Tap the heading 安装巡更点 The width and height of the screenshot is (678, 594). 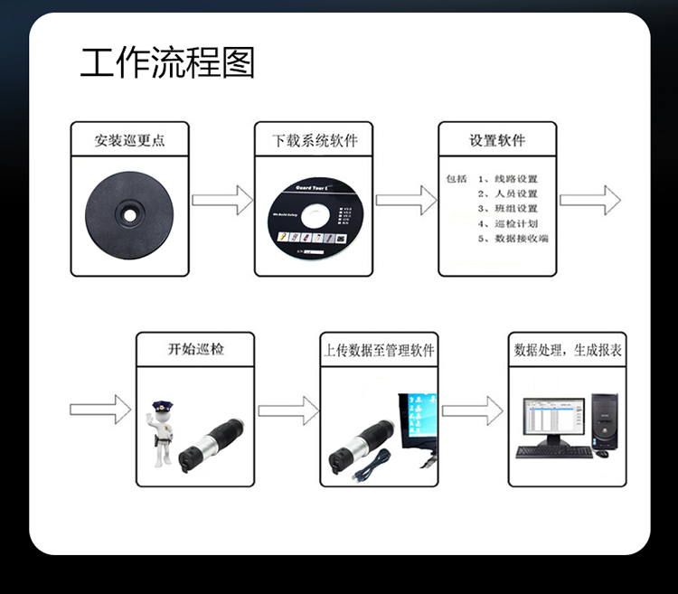[130, 141]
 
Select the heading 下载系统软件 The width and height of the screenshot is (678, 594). [315, 141]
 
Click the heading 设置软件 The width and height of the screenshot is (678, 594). [497, 141]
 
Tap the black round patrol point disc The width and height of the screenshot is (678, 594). [130, 215]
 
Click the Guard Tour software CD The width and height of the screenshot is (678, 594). [315, 218]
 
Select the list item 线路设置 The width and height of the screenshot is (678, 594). [513, 179]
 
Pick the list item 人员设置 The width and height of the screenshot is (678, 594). [513, 193]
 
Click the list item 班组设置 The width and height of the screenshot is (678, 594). [513, 209]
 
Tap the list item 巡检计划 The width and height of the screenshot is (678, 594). [513, 223]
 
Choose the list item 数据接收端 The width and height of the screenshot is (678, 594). [519, 239]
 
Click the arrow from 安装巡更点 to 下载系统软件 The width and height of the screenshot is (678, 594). [221, 200]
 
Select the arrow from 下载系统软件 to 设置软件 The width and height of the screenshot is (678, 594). [406, 200]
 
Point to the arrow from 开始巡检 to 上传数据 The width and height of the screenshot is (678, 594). [287, 410]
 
